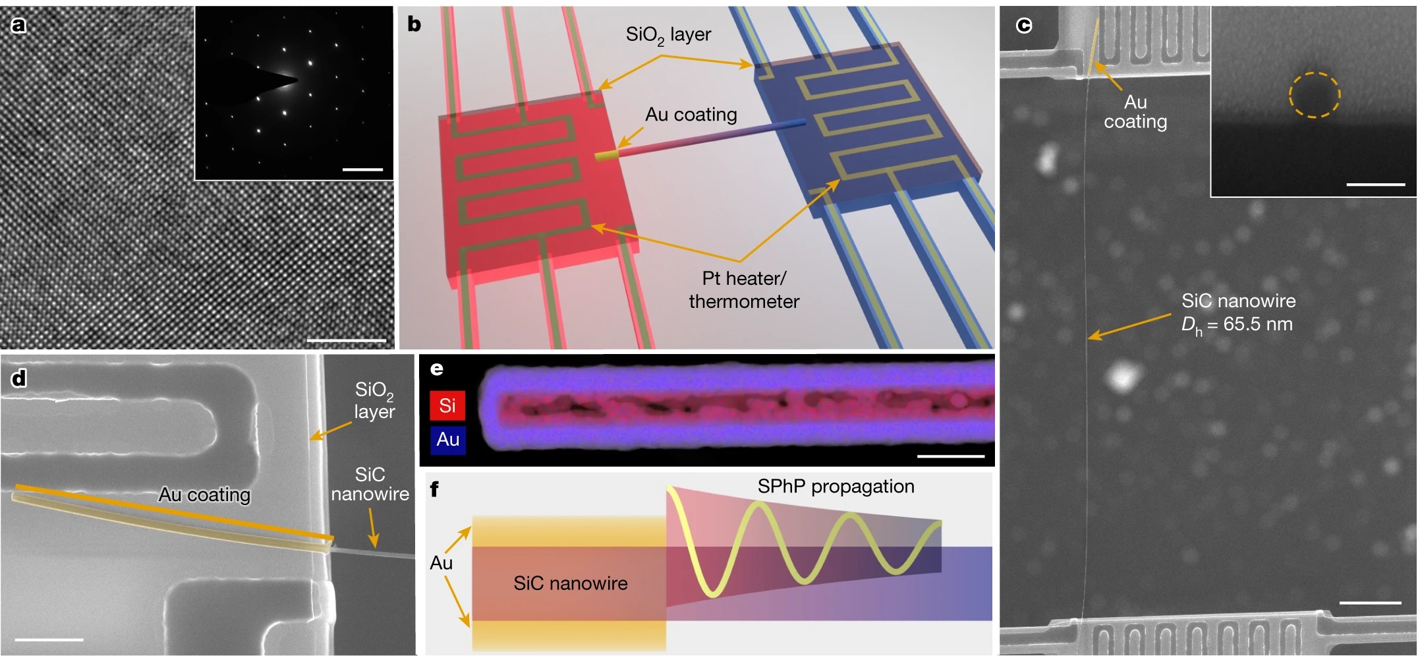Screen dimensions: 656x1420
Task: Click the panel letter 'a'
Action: pyautogui.click(x=18, y=25)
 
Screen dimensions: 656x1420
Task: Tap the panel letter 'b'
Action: pyautogui.click(x=414, y=24)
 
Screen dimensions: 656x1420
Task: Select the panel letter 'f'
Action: pyautogui.click(x=434, y=489)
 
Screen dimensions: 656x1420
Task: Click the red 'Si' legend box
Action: pyautogui.click(x=447, y=405)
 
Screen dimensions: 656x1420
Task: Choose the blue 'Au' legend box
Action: pyautogui.click(x=448, y=440)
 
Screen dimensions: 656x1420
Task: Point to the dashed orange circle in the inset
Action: pyautogui.click(x=1314, y=95)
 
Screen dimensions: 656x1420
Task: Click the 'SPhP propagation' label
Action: pyautogui.click(x=836, y=487)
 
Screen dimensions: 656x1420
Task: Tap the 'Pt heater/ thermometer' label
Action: pyautogui.click(x=744, y=290)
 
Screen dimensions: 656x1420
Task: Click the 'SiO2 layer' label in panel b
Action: pyautogui.click(x=668, y=35)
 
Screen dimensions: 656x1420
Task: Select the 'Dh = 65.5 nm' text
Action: pyautogui.click(x=1237, y=324)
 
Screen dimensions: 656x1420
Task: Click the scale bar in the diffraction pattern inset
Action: pyautogui.click(x=362, y=169)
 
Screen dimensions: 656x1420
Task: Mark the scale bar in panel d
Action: pyautogui.click(x=49, y=639)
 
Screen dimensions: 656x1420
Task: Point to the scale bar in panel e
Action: pyautogui.click(x=950, y=456)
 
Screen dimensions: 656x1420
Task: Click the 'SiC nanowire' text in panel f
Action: pyautogui.click(x=570, y=583)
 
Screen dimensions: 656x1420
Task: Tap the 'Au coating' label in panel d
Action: pyautogui.click(x=204, y=494)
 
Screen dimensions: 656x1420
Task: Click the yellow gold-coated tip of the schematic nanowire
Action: pyautogui.click(x=608, y=156)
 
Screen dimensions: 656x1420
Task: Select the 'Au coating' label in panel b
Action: pyautogui.click(x=691, y=115)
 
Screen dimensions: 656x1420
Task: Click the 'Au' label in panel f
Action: pyautogui.click(x=441, y=563)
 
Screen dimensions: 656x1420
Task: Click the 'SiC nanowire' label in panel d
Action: pyautogui.click(x=370, y=485)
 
